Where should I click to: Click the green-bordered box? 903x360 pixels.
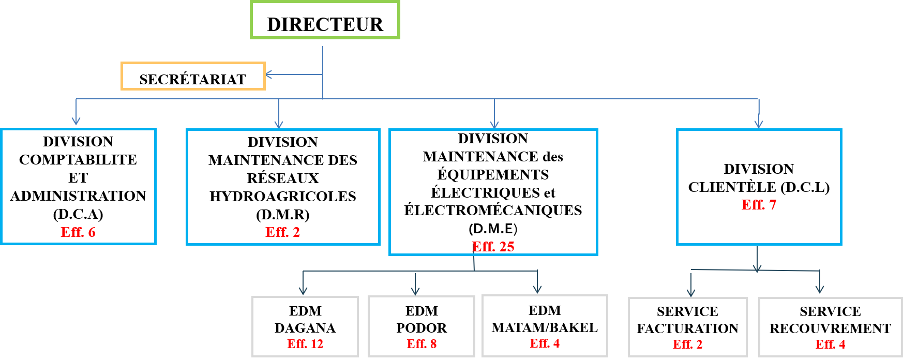pyautogui.click(x=325, y=20)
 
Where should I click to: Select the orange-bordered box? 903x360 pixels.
pyautogui.click(x=193, y=76)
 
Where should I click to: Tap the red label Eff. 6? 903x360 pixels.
pyautogui.click(x=78, y=232)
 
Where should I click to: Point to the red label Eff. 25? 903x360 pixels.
pyautogui.click(x=493, y=247)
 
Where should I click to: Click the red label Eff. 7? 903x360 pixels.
pyautogui.click(x=759, y=205)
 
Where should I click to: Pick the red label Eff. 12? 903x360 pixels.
pyautogui.click(x=305, y=344)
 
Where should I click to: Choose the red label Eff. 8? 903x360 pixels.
pyautogui.click(x=422, y=344)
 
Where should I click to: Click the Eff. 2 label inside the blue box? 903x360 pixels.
pyautogui.click(x=283, y=232)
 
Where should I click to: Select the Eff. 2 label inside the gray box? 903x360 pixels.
pyautogui.click(x=687, y=344)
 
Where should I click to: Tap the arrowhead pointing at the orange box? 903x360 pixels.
pyautogui.click(x=268, y=75)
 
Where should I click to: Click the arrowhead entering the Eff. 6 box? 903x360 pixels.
pyautogui.click(x=76, y=122)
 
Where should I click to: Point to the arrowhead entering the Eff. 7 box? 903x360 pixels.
pyautogui.click(x=759, y=125)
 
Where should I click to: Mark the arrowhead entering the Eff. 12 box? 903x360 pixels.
pyautogui.click(x=303, y=292)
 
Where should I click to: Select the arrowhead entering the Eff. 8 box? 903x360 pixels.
pyautogui.click(x=415, y=292)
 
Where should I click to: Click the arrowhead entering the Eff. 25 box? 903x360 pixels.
pyautogui.click(x=494, y=125)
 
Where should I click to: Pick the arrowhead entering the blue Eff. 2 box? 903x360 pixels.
pyautogui.click(x=279, y=125)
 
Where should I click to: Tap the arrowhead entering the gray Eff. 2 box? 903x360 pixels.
pyautogui.click(x=691, y=293)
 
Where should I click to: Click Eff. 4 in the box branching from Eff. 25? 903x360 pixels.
pyautogui.click(x=545, y=343)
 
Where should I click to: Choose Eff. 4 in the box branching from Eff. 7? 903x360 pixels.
pyautogui.click(x=830, y=344)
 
